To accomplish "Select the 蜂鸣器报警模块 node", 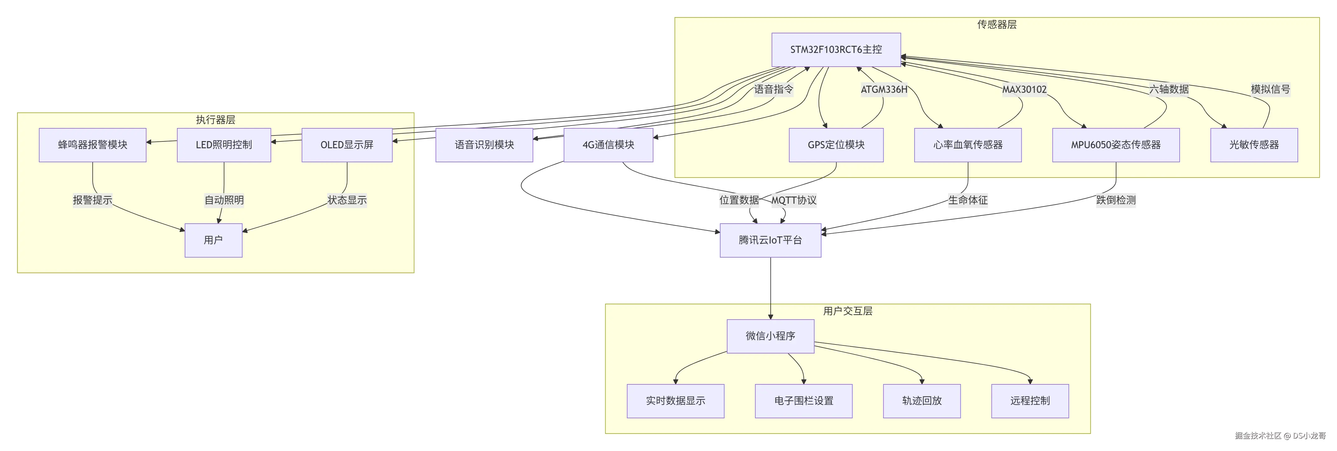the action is (92, 145).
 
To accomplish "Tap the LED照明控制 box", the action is (224, 145).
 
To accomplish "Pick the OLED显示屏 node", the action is (347, 145).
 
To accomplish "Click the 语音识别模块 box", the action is (484, 145).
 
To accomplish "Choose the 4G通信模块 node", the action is (608, 145).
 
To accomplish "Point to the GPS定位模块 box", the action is (836, 145).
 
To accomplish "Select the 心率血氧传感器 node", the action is (968, 145).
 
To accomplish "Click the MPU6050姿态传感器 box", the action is (1116, 145).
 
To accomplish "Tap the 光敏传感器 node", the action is (1254, 145).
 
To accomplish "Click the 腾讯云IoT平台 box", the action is (770, 240).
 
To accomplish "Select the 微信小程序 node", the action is (770, 336).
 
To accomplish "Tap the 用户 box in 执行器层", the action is (213, 240).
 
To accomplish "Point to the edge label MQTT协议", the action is (794, 200).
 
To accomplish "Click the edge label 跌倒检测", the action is (1116, 200).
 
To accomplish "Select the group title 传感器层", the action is (996, 24).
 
